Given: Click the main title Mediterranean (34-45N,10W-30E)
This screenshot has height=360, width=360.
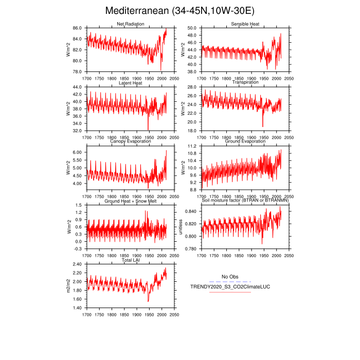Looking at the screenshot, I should point(179,11).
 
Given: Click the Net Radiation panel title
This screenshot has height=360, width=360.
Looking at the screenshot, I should point(130,24).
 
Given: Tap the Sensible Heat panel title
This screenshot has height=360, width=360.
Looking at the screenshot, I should point(245,24).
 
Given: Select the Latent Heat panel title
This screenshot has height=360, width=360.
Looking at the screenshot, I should point(130,83).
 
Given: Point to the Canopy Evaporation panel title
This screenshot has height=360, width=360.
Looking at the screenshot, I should point(130,142).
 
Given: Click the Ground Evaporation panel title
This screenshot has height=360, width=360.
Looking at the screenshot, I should point(245,142).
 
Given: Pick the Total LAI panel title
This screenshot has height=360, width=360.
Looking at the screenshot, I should point(130,260).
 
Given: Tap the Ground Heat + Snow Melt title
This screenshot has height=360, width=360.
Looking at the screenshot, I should point(130,201).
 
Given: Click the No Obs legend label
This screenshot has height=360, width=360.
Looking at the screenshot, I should point(230,277).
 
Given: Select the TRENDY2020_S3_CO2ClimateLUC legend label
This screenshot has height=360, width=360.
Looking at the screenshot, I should point(220,286).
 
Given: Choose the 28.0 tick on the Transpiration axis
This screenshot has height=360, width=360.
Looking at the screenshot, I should point(191,87).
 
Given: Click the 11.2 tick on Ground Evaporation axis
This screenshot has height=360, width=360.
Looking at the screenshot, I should point(191,147).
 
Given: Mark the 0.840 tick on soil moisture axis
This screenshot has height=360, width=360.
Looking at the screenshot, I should point(190,212).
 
